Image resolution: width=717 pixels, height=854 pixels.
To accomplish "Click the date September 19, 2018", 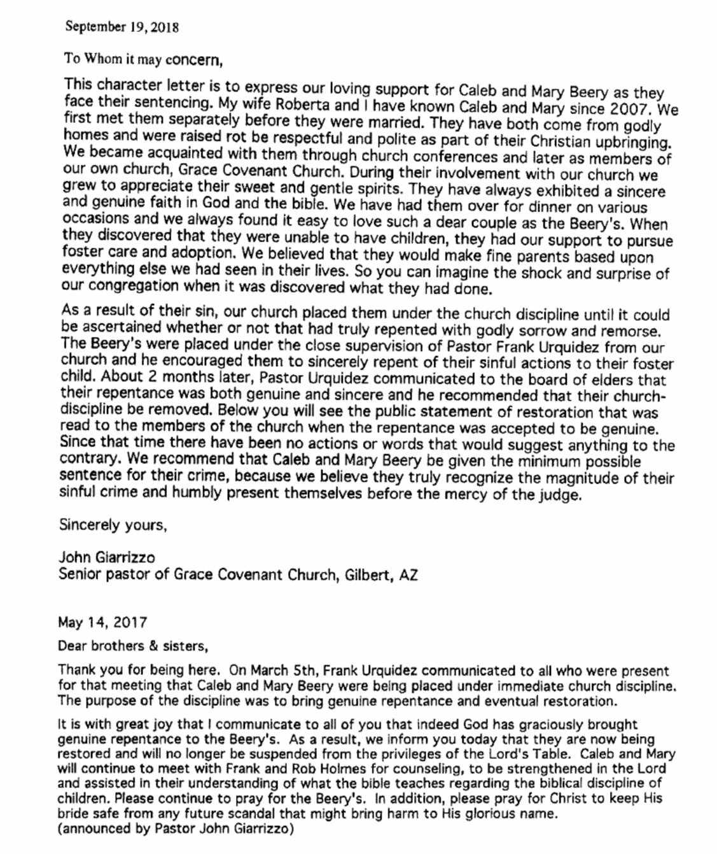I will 122,27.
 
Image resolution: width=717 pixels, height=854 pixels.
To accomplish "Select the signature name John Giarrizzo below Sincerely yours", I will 106,557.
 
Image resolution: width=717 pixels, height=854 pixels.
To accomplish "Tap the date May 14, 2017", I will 102,622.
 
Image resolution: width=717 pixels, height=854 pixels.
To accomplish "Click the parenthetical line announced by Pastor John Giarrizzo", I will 176,829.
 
